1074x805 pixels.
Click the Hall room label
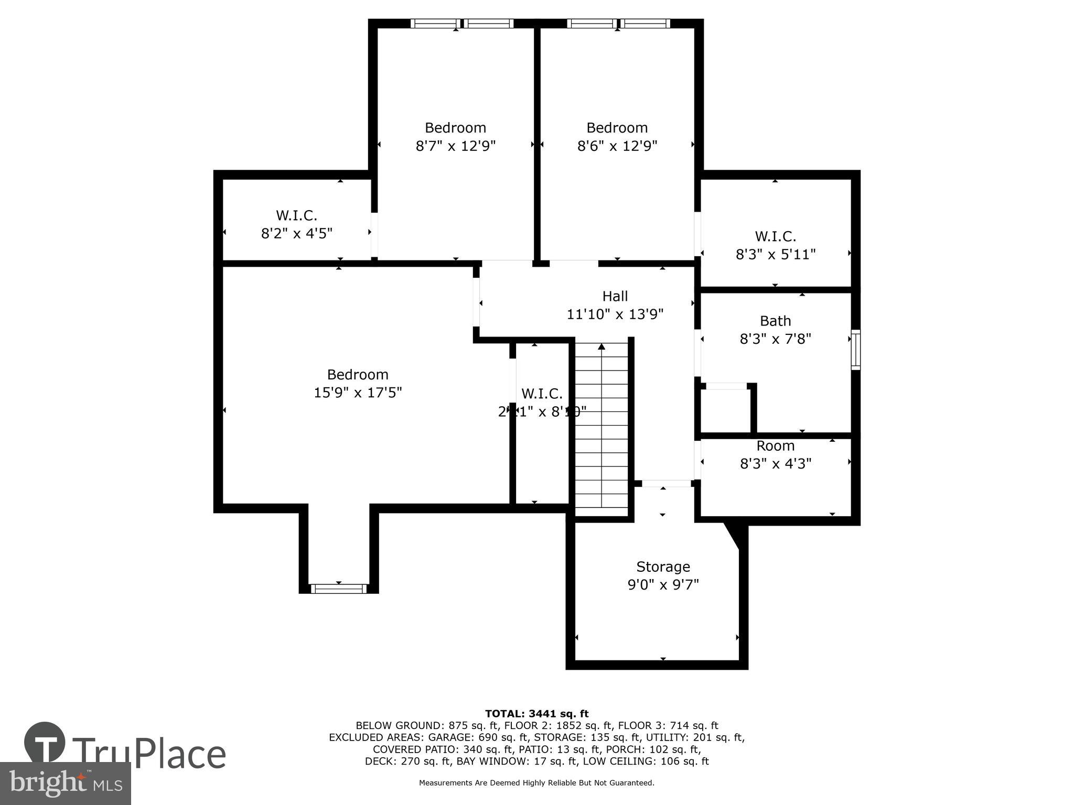click(x=615, y=296)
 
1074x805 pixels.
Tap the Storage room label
click(x=663, y=567)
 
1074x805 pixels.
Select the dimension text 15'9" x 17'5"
click(x=358, y=393)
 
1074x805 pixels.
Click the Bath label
click(x=775, y=321)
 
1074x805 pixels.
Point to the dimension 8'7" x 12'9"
click(x=455, y=146)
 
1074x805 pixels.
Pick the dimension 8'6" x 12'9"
click(x=617, y=146)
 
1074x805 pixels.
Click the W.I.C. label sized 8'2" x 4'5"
click(x=296, y=215)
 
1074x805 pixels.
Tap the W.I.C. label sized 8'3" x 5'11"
click(x=775, y=236)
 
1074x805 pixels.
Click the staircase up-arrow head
click(x=602, y=346)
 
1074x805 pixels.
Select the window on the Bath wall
click(x=855, y=350)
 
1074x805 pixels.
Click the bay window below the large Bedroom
click(x=338, y=589)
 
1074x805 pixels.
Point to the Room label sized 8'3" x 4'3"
click(x=775, y=446)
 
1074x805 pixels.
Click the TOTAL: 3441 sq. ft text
click(x=536, y=713)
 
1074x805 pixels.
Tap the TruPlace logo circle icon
click(x=45, y=743)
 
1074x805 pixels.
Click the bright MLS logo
click(x=65, y=783)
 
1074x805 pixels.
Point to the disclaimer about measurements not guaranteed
click(x=536, y=783)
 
